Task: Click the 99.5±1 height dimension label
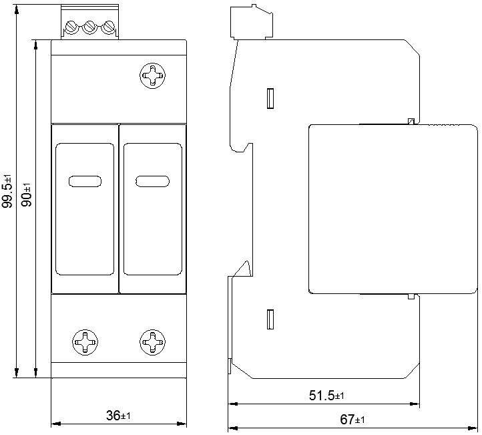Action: pos(7,191)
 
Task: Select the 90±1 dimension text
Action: pos(27,195)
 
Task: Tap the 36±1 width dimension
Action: pos(118,416)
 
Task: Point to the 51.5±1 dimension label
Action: pos(326,396)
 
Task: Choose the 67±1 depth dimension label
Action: pos(352,420)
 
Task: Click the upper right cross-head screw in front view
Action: pos(152,76)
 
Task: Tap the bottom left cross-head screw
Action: pos(85,342)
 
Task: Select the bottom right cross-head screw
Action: pos(152,342)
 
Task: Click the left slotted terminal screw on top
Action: pos(71,27)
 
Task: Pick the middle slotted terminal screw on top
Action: pos(89,27)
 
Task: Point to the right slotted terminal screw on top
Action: pos(108,27)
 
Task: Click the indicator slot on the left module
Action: pos(85,181)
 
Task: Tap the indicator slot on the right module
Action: pos(152,181)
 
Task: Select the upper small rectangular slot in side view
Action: pos(270,98)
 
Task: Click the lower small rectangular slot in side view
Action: pos(270,319)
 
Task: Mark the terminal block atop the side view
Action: pos(252,22)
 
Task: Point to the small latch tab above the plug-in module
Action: pos(411,121)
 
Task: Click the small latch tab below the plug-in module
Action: pos(411,297)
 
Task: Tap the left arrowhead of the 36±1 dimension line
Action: pos(55,424)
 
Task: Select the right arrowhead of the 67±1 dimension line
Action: pos(473,428)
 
